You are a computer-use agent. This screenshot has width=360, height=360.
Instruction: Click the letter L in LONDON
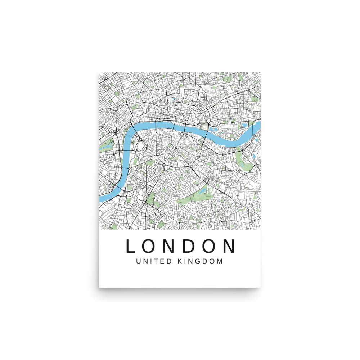(x=130, y=246)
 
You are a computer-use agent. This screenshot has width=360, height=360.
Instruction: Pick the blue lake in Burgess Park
(x=203, y=191)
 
